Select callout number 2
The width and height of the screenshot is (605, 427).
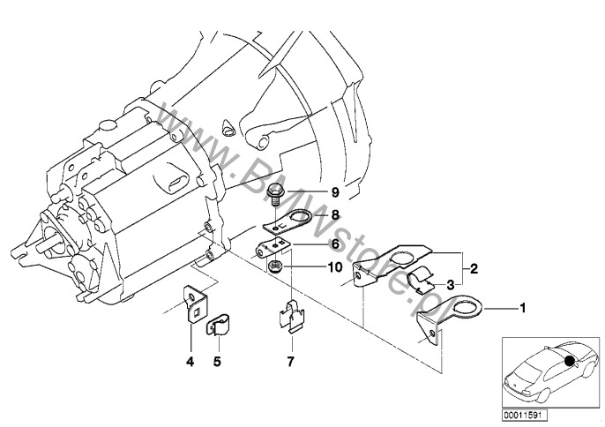pos(474,266)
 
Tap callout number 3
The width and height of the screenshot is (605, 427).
pos(450,284)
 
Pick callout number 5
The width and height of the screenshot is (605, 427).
pos(217,360)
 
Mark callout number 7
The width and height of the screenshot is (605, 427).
pos(292,360)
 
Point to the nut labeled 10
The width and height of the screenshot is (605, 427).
pos(277,265)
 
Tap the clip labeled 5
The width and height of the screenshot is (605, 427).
pos(218,327)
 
